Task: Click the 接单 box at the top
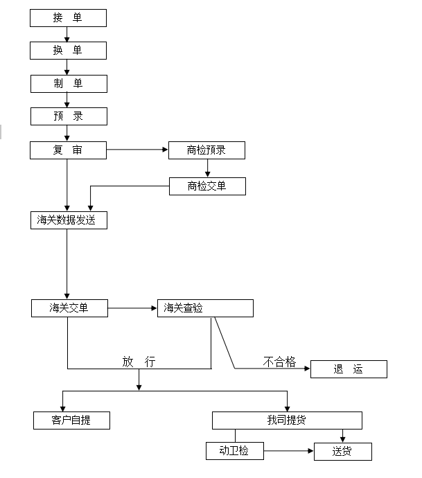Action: pyautogui.click(x=68, y=18)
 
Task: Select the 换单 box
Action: pyautogui.click(x=68, y=51)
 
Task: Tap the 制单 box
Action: pyautogui.click(x=68, y=84)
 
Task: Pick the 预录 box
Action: pyautogui.click(x=68, y=116)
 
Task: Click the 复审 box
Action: pyautogui.click(x=68, y=150)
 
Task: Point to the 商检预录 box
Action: pyautogui.click(x=206, y=150)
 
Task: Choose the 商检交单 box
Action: pyautogui.click(x=206, y=186)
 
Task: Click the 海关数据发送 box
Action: pyautogui.click(x=68, y=220)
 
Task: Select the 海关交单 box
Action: pyautogui.click(x=69, y=308)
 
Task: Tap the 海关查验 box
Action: pyautogui.click(x=205, y=308)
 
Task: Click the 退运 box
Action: pyautogui.click(x=348, y=369)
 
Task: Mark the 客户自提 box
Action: pyautogui.click(x=71, y=420)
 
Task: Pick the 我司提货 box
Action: pyautogui.click(x=287, y=420)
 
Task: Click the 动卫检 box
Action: pyautogui.click(x=234, y=451)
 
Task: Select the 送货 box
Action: pyautogui.click(x=342, y=452)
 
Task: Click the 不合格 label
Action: pyautogui.click(x=279, y=362)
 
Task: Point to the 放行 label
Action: pyautogui.click(x=139, y=362)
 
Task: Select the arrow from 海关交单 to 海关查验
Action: pyautogui.click(x=132, y=308)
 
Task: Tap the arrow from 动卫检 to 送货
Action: pyautogui.click(x=288, y=452)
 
